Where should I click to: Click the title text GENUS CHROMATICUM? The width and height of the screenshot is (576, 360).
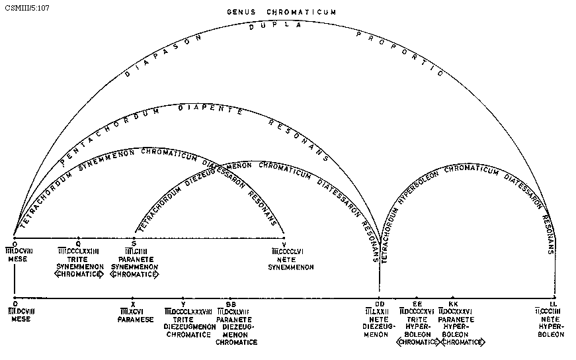(282, 12)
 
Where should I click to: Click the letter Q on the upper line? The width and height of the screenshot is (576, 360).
(79, 243)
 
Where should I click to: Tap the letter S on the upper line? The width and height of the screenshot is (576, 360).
(134, 243)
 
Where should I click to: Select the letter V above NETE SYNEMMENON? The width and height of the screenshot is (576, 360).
(284, 244)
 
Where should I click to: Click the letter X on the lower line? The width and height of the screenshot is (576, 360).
(133, 304)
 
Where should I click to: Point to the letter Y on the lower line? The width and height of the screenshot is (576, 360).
(183, 304)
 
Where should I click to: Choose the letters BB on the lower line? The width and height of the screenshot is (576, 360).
(230, 304)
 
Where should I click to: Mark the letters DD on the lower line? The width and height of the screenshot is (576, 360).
(380, 304)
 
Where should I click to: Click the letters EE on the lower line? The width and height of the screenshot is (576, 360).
(417, 304)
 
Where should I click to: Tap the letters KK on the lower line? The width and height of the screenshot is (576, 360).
(453, 304)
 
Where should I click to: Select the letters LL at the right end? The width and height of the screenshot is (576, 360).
(554, 304)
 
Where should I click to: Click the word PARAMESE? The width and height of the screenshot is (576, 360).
(136, 320)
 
